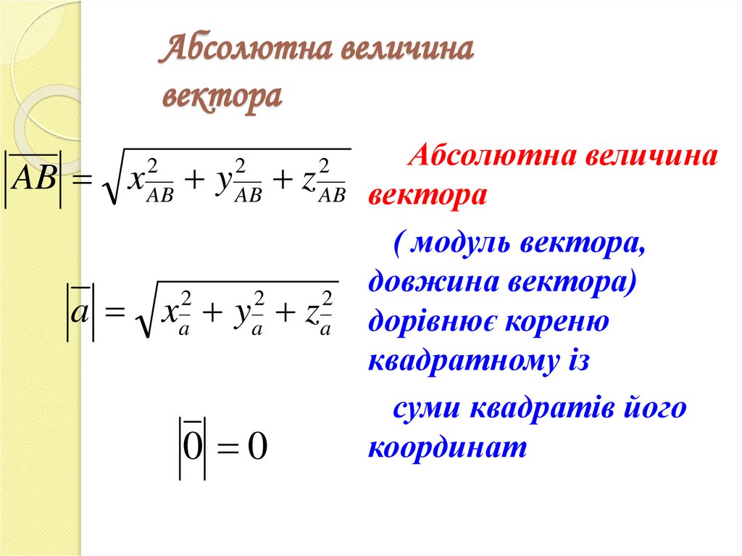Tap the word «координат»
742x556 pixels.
[x=446, y=447]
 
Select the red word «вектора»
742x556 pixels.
[x=427, y=195]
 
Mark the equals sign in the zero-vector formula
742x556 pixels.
[x=226, y=448]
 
